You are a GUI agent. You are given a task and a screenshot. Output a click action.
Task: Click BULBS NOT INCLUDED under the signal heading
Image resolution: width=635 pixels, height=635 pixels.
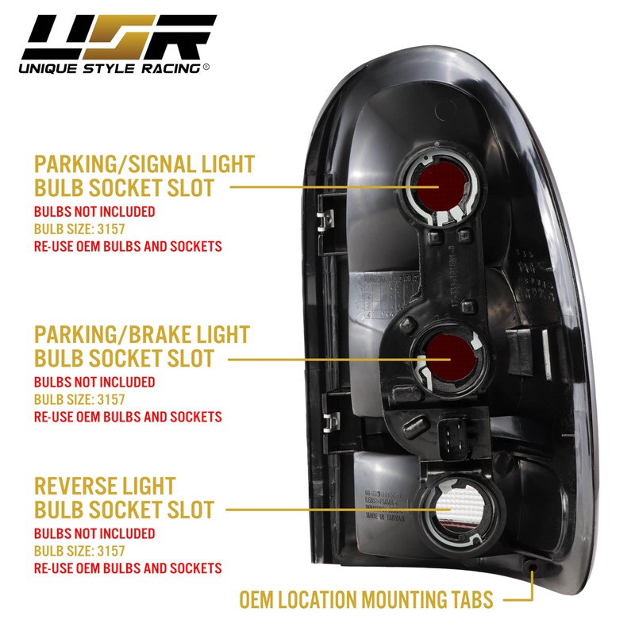(94, 213)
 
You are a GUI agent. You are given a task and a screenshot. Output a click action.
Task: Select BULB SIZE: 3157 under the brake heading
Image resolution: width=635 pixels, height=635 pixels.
(79, 399)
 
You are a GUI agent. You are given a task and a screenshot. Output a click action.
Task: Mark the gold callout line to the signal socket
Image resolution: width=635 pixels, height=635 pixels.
(317, 187)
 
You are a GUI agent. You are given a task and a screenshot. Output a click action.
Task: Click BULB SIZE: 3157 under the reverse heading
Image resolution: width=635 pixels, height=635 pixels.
(79, 551)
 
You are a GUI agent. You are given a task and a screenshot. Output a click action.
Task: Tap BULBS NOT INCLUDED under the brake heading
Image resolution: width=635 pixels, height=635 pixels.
(94, 382)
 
